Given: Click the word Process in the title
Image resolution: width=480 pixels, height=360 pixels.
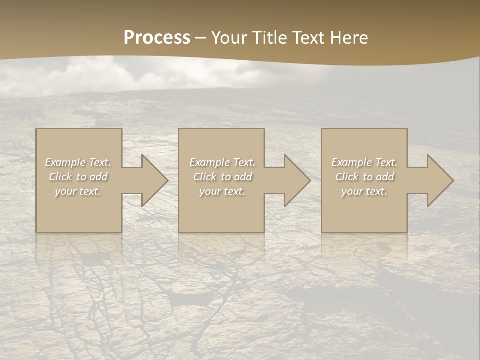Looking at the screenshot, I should point(157,38).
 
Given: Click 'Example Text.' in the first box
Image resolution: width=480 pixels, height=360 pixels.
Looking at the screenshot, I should point(78,162).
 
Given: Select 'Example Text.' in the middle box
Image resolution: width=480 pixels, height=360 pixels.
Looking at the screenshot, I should point(222,162).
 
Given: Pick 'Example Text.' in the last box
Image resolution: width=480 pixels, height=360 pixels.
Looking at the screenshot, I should point(364,162).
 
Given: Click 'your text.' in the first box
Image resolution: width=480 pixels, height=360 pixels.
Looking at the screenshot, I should point(78,191).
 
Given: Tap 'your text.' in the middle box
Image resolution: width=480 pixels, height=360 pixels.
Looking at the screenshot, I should point(222,191).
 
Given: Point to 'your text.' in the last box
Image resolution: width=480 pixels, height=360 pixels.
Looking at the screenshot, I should point(364,191).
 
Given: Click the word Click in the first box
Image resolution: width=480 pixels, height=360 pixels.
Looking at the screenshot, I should point(60,177).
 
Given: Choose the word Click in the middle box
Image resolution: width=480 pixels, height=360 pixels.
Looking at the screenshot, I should point(204,177).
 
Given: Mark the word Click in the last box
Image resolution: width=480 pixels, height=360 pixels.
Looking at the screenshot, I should point(346,177).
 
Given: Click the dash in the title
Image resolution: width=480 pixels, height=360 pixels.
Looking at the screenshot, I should point(201,38).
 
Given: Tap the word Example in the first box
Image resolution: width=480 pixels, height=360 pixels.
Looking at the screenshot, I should point(65,162).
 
